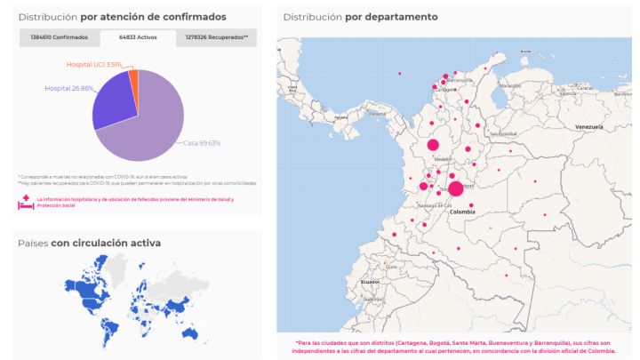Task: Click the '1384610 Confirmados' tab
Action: coord(59,38)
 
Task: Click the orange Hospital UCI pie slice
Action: coord(134,77)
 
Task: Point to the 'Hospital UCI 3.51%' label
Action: coord(94,65)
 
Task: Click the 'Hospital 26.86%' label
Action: coord(69,89)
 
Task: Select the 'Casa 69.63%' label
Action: coord(203,142)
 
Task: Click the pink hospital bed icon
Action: coord(25,203)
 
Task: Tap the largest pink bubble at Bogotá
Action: coord(456,188)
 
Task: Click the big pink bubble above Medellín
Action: coord(433,145)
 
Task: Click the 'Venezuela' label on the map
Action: coord(588,127)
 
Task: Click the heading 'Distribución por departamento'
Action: coord(360,17)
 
